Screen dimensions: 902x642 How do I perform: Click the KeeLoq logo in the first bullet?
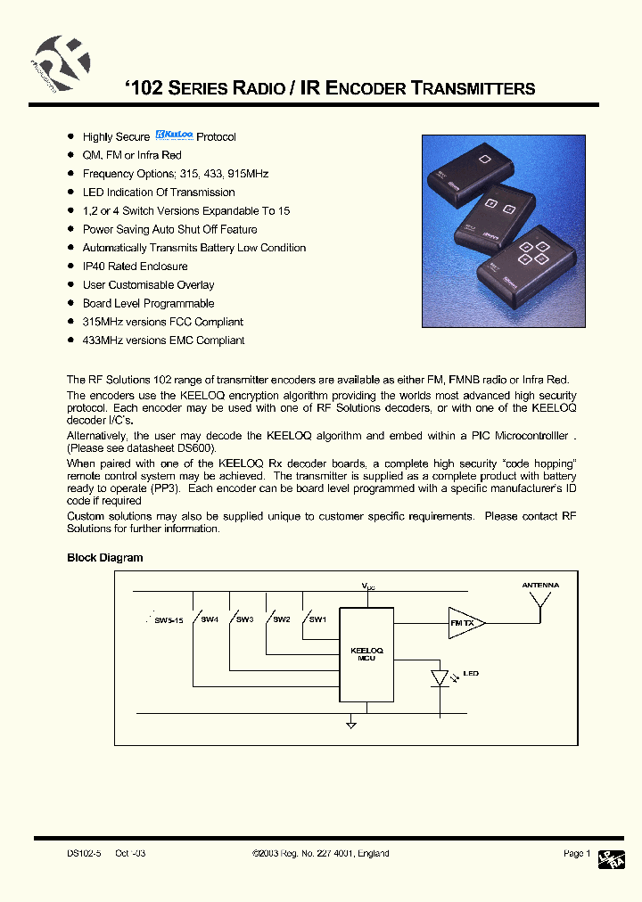tap(174, 135)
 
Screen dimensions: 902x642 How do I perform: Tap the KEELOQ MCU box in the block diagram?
tap(366, 652)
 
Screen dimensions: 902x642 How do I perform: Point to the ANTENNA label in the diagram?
tap(540, 586)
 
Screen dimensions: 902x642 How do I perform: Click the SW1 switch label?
tap(317, 619)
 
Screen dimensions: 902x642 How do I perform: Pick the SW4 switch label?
tap(209, 619)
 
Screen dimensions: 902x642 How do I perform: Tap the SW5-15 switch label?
tap(168, 619)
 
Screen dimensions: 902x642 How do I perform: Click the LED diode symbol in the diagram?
tap(440, 678)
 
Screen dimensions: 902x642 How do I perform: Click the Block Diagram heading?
tap(104, 558)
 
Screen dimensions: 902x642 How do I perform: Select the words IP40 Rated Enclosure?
tap(135, 266)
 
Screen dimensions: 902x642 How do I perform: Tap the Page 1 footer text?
tap(576, 853)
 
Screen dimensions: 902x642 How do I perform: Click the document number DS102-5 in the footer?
tap(84, 853)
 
